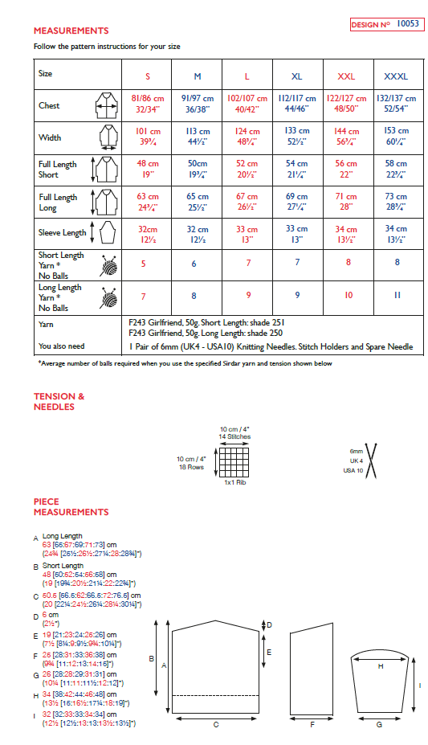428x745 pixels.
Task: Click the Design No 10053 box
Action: pos(385,25)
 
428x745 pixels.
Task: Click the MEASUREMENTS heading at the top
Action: pos(71,31)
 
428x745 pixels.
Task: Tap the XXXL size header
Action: pos(396,76)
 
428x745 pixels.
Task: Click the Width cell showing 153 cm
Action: pos(396,137)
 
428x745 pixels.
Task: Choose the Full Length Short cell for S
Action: pos(147,169)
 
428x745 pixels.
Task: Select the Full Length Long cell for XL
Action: pos(296,201)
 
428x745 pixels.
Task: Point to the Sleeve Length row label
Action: pos(62,233)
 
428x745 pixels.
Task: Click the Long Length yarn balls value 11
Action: pos(396,296)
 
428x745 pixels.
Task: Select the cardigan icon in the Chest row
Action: pos(106,105)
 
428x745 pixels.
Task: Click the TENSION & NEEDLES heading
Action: pos(59,401)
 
